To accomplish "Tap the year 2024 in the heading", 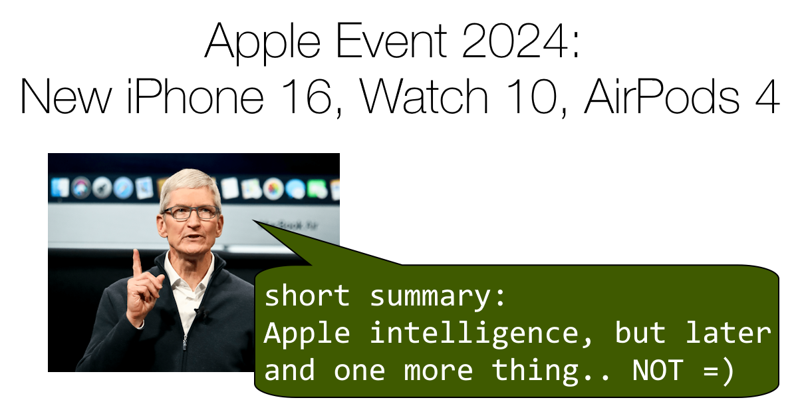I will tap(512, 41).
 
